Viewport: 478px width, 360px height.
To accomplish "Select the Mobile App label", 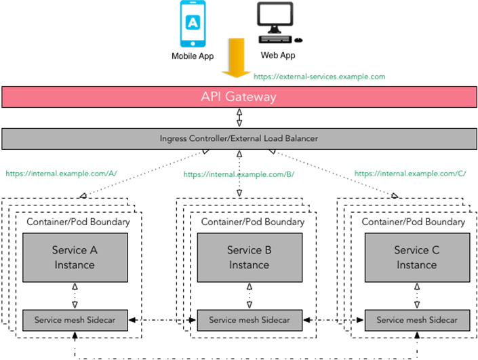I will pos(193,56).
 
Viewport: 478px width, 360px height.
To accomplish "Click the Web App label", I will pos(279,56).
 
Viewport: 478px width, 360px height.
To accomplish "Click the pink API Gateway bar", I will pos(239,97).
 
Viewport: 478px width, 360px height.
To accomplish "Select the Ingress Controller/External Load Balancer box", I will pos(239,138).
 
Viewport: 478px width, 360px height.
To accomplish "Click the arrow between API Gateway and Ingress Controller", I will pos(239,118).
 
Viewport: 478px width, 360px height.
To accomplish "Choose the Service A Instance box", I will pos(75,258).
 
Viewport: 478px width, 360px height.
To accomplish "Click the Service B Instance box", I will pos(248,258).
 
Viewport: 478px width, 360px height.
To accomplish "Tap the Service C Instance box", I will pos(416,258).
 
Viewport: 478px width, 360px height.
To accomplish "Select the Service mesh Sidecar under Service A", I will pos(75,320).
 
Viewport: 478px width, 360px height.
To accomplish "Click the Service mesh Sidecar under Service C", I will pos(416,320).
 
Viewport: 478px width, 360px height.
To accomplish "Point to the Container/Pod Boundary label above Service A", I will pos(77,222).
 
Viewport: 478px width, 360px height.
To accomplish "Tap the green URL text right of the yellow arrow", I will pos(319,77).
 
